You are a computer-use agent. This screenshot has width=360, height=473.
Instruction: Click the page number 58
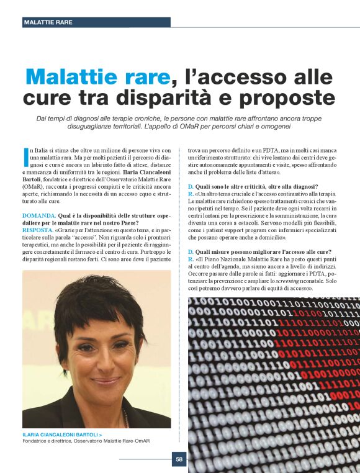pos(179,459)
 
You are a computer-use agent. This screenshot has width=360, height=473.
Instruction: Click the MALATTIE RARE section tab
pos(48,22)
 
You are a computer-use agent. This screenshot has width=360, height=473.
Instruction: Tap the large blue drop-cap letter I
pos(25,156)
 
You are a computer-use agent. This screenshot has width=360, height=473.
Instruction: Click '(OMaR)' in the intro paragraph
pos(34,185)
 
